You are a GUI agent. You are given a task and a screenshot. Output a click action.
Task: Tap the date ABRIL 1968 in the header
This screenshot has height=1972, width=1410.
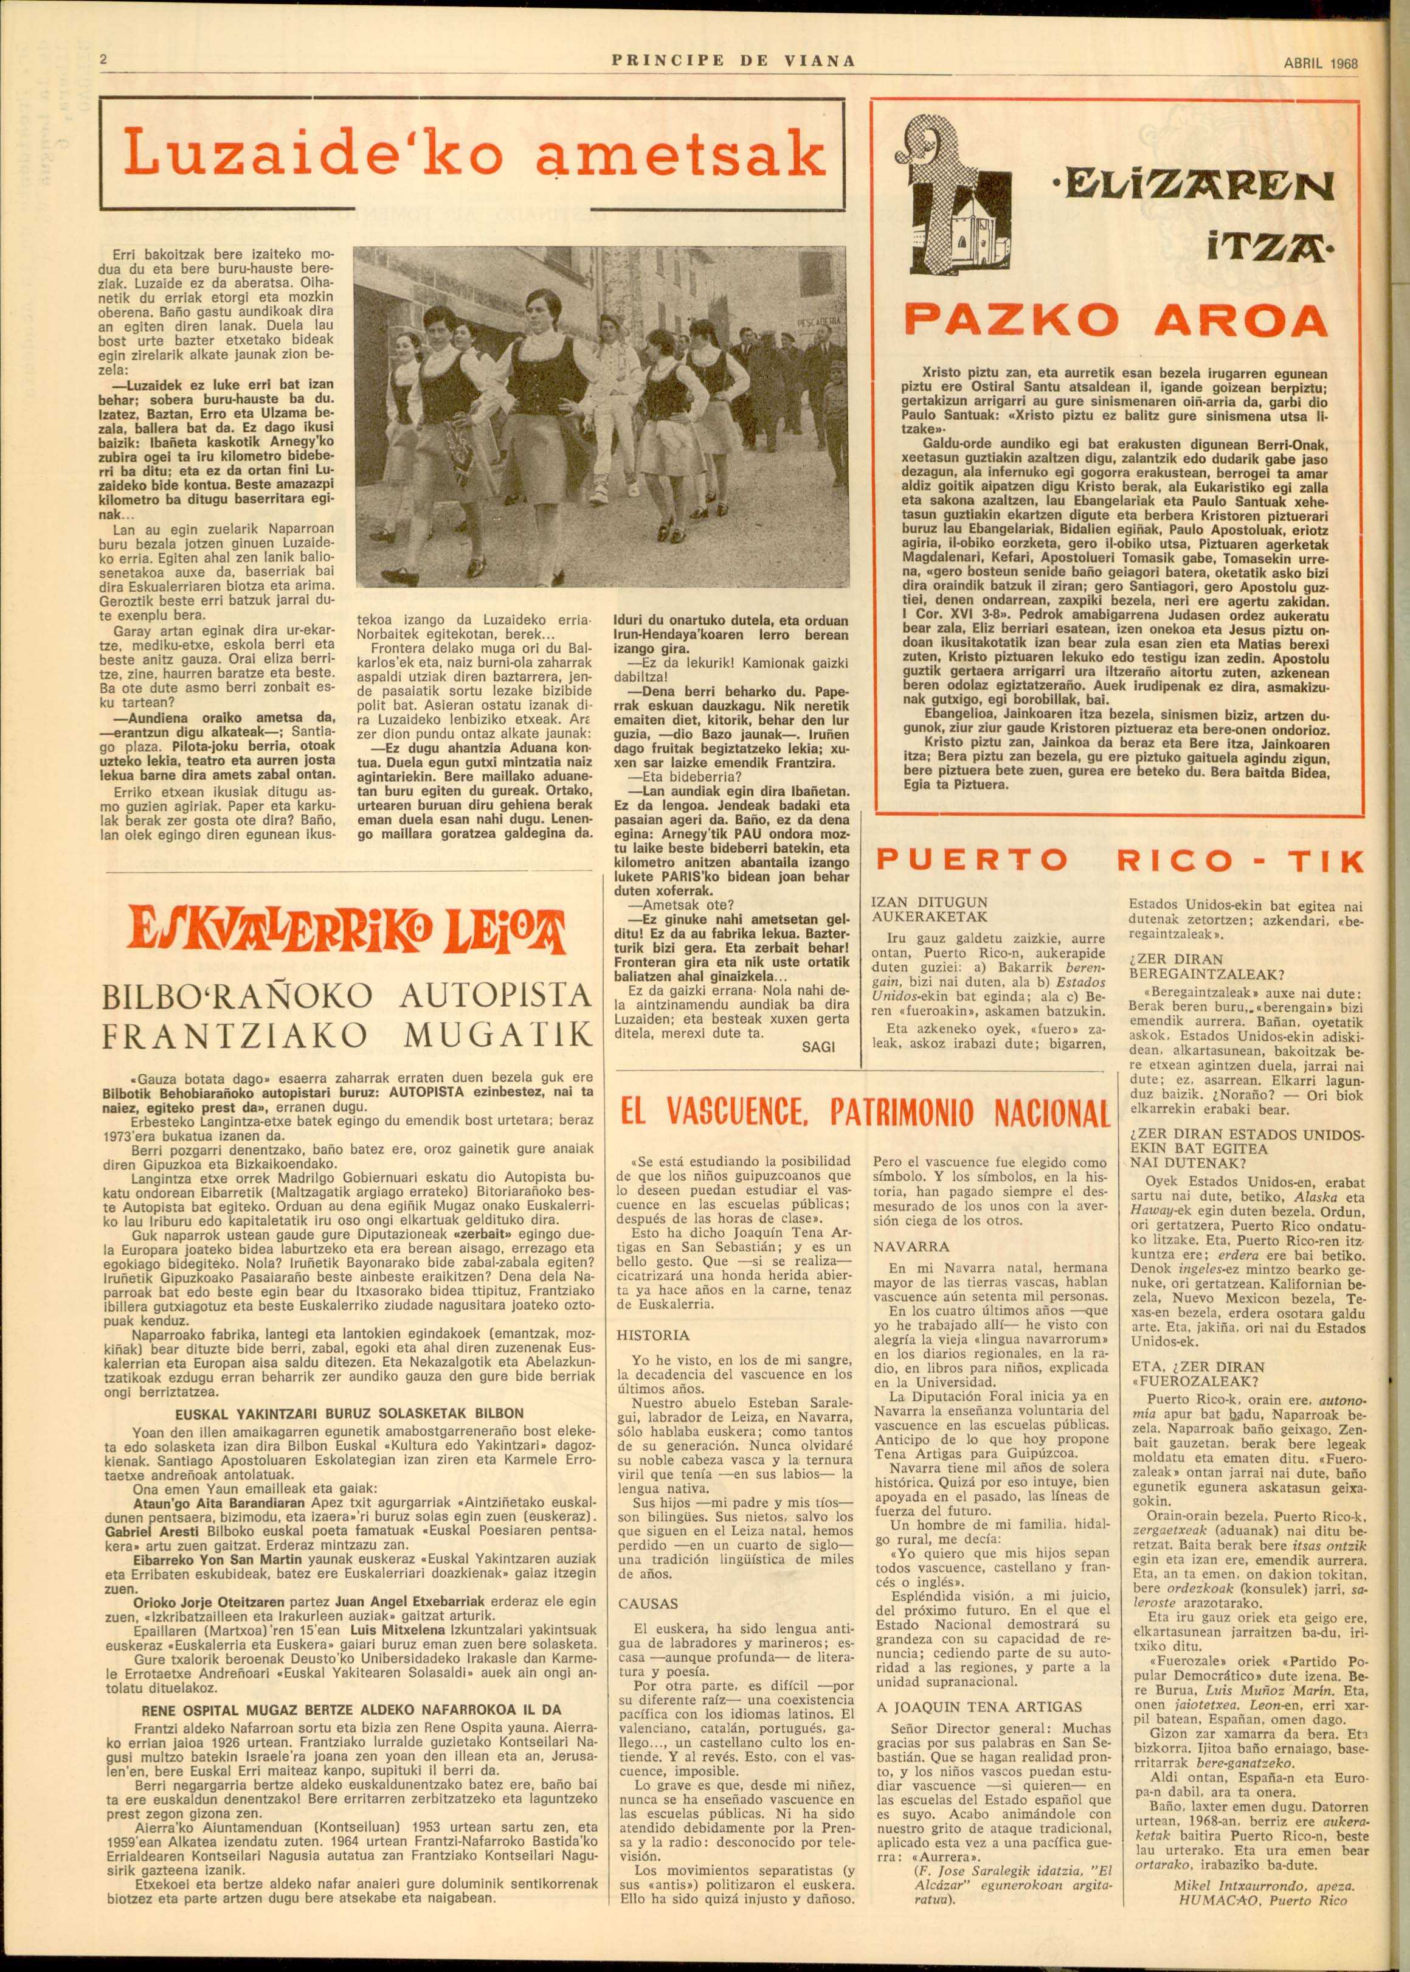[x=1319, y=63]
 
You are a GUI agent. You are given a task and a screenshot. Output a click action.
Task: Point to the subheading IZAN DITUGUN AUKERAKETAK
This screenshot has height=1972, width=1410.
[x=929, y=909]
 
